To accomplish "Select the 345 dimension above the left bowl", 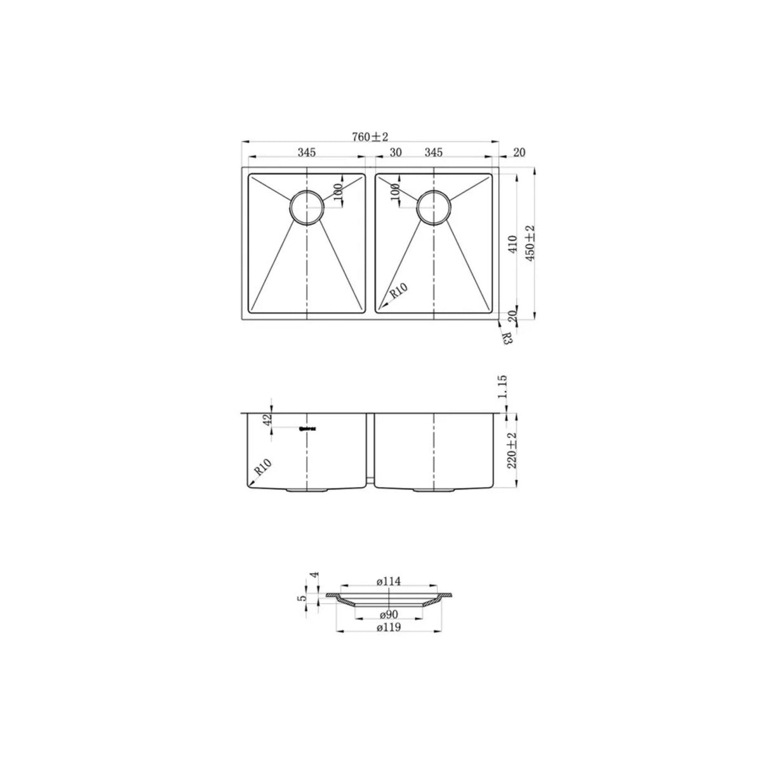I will click(x=306, y=153).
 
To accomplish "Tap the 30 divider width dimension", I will click(x=396, y=153).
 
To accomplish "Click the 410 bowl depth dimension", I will click(x=514, y=242).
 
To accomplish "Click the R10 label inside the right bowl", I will click(x=399, y=292).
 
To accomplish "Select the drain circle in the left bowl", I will click(x=307, y=207).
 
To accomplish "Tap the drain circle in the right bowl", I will click(x=434, y=207).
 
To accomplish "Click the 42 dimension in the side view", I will click(x=267, y=420).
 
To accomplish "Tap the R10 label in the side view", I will click(x=262, y=469).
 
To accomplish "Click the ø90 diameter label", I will click(x=387, y=615).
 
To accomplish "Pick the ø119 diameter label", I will click(x=387, y=628).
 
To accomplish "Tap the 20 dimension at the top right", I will click(x=519, y=153).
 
